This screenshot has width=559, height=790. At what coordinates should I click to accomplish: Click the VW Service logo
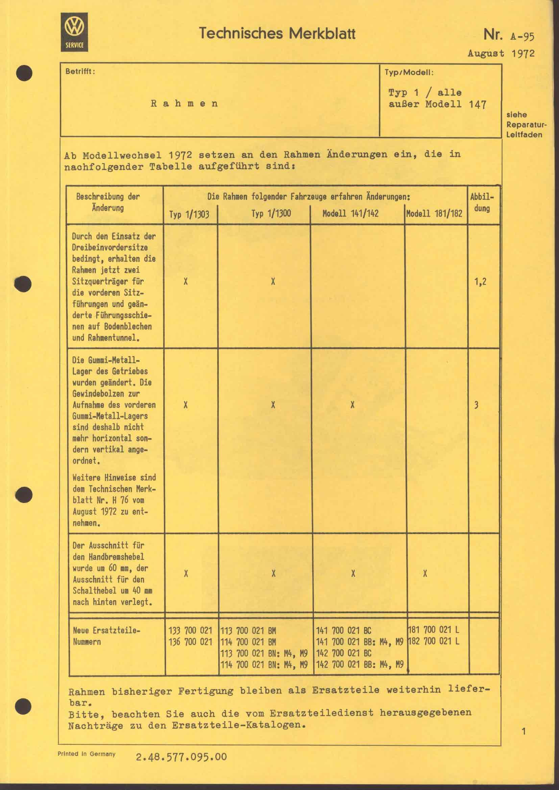[74, 32]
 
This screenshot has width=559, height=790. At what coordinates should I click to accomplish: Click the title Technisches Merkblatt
[277, 34]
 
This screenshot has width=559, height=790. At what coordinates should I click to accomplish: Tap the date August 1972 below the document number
[501, 53]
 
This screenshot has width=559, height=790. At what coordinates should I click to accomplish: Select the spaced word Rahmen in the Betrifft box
[185, 104]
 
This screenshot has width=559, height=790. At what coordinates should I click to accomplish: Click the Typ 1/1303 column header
[189, 214]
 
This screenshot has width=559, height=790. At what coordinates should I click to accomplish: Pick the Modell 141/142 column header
[350, 214]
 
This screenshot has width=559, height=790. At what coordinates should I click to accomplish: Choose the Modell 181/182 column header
[434, 214]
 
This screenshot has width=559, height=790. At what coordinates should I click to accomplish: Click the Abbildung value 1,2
[480, 282]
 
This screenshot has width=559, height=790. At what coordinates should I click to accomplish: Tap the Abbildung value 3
[476, 405]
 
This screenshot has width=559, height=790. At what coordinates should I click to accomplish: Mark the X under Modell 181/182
[425, 574]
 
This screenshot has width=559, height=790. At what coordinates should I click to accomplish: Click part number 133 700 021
[190, 631]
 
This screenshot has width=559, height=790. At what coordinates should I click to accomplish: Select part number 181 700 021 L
[433, 630]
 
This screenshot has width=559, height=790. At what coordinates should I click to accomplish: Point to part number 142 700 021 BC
[343, 653]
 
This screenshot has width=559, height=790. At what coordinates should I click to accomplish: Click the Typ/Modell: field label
[409, 73]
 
